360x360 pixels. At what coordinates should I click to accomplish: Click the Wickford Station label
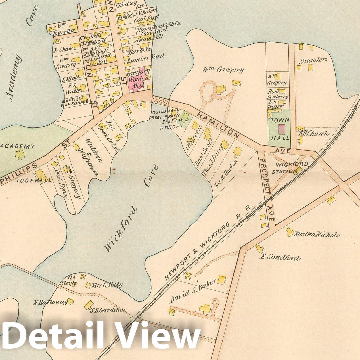tap(287, 168)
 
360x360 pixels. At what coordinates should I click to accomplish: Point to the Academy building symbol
tap(20, 155)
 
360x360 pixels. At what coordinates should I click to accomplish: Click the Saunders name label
tap(314, 60)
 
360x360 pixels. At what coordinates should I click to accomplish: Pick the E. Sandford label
tap(280, 258)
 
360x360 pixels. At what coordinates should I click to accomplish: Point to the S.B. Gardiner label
tap(108, 310)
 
